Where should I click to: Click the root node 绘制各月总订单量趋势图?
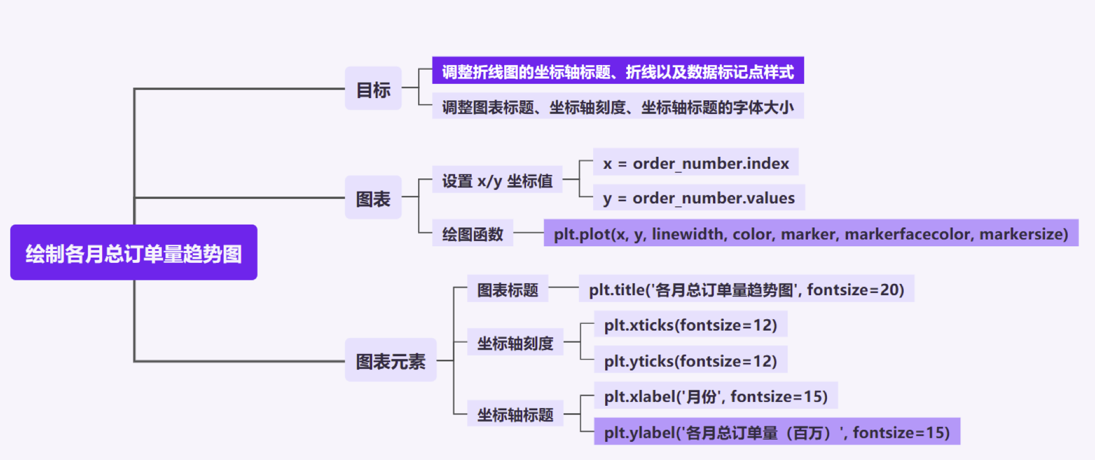coord(133,253)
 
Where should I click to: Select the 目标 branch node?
coord(373,89)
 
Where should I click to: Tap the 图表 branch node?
coord(373,198)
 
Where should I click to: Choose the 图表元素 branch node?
coord(391,360)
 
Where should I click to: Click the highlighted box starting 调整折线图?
coord(618,71)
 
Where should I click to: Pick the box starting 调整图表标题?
coord(618,106)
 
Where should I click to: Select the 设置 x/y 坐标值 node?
coord(497,180)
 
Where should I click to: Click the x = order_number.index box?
coord(696,162)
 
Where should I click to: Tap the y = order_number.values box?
coord(699,198)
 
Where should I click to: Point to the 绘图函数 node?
coord(472,233)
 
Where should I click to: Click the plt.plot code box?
coord(810,233)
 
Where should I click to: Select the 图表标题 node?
coord(508,289)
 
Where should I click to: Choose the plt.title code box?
coord(746,289)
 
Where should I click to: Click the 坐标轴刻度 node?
coord(515,343)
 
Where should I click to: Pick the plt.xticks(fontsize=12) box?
coord(690,324)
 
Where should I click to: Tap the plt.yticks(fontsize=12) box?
coord(690,360)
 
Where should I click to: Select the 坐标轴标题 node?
coord(515,414)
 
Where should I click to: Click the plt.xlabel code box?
coord(715,396)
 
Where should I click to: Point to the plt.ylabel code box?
coord(777,432)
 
